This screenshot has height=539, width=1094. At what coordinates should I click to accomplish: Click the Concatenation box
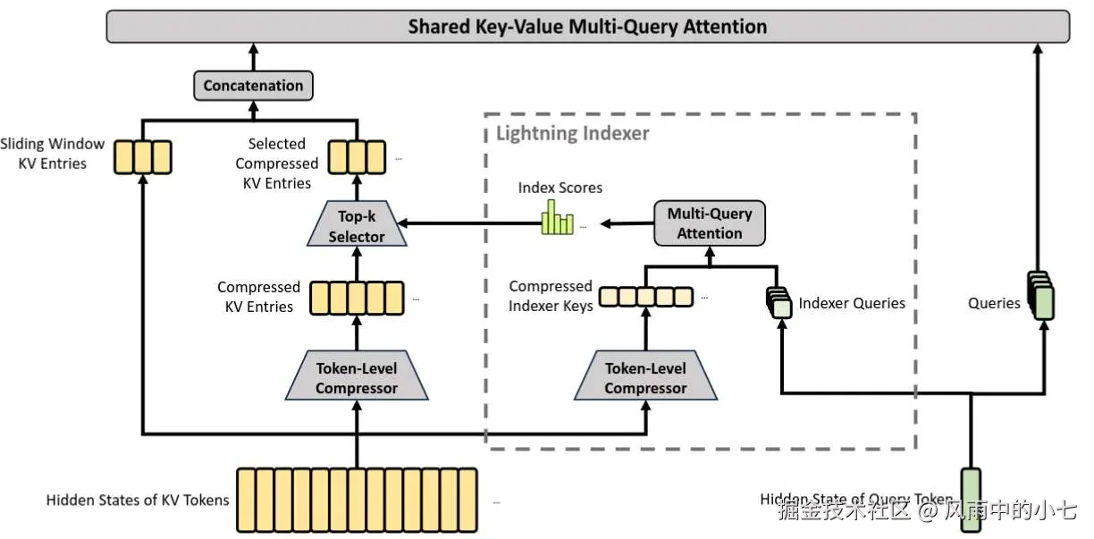pyautogui.click(x=253, y=86)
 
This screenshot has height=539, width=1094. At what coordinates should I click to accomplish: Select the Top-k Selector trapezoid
pyautogui.click(x=357, y=223)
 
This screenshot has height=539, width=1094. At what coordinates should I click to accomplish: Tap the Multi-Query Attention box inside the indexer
pyautogui.click(x=709, y=223)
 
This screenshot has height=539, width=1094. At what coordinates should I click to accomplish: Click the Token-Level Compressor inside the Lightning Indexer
pyautogui.click(x=645, y=375)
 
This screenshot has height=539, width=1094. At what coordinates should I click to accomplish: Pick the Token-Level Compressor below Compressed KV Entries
pyautogui.click(x=357, y=375)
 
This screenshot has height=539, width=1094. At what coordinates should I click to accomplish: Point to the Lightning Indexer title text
pyautogui.click(x=572, y=133)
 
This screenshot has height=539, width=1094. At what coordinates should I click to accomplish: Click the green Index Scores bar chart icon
pyautogui.click(x=557, y=218)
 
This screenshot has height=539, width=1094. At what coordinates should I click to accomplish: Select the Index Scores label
pyautogui.click(x=560, y=188)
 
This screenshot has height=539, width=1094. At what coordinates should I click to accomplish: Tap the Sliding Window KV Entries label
pyautogui.click(x=52, y=154)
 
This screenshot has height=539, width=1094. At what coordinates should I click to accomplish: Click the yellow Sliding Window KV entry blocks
pyautogui.click(x=143, y=157)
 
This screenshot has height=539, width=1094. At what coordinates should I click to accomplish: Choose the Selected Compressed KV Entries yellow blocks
pyautogui.click(x=357, y=157)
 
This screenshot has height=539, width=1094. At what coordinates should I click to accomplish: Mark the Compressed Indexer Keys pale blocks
pyautogui.click(x=645, y=297)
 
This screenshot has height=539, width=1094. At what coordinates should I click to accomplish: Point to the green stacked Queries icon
pyautogui.click(x=1040, y=296)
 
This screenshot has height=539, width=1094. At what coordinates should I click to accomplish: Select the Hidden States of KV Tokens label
pyautogui.click(x=138, y=500)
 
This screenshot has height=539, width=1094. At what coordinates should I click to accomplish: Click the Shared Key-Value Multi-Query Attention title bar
pyautogui.click(x=588, y=26)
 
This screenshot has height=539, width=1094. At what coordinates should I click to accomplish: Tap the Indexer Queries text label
pyautogui.click(x=852, y=303)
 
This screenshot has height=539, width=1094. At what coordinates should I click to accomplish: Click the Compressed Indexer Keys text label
pyautogui.click(x=551, y=296)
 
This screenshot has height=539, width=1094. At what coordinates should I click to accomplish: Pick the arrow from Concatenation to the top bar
pyautogui.click(x=253, y=56)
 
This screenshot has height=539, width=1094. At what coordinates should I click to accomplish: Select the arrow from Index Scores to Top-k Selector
pyautogui.click(x=469, y=223)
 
